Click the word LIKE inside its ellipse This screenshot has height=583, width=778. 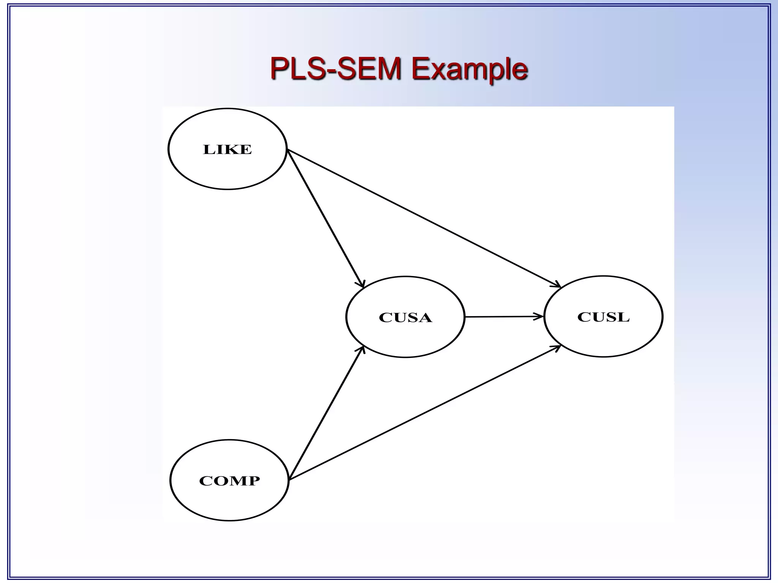coord(227,150)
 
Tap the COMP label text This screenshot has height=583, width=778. coord(229,481)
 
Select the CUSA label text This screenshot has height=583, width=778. coord(405,317)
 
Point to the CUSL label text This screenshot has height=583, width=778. coord(603,317)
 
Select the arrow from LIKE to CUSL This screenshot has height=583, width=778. coord(424,218)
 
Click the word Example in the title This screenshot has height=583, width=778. coord(470,69)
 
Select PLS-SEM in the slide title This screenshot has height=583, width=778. coord(336,69)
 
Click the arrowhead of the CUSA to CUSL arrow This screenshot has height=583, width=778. coord(539,316)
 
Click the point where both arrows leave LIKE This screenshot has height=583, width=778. coord(287,150)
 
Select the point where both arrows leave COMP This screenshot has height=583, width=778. coord(289,480)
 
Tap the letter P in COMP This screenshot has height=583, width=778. coord(255,481)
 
